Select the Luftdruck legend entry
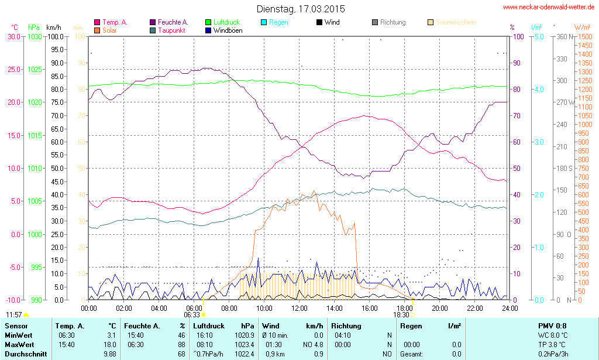[x=222, y=22]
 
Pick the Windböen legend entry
[x=226, y=30]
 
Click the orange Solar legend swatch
[x=97, y=30]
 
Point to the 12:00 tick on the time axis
[x=299, y=308]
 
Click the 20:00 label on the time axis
[x=440, y=308]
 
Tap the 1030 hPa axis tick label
[x=35, y=36]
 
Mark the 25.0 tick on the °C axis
[x=13, y=69]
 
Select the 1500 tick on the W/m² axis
[x=584, y=36]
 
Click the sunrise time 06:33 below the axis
[x=192, y=314]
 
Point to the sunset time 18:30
[x=401, y=314]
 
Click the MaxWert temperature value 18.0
[x=108, y=345]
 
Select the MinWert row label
[x=19, y=335]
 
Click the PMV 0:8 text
[x=552, y=326]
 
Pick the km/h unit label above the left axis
[x=53, y=28]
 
